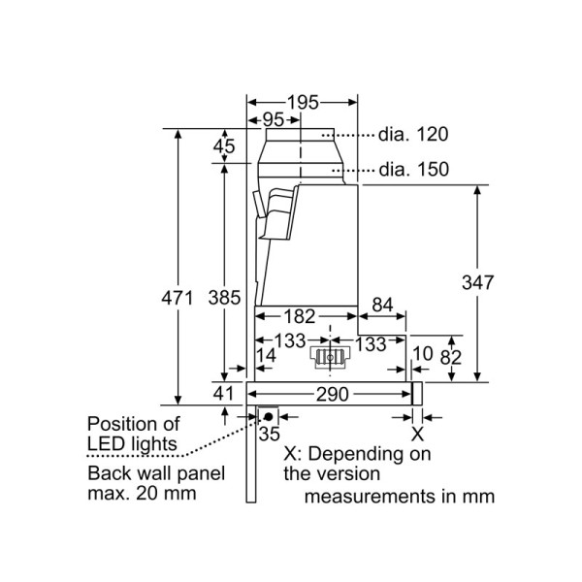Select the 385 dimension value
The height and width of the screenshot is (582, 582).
pos(224,298)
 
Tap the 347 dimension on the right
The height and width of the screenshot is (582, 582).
pos(478,283)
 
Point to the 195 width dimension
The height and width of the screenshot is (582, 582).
pos(304,102)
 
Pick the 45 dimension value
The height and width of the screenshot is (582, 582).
pos(224,146)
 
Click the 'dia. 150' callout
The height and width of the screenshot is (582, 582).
pos(413,170)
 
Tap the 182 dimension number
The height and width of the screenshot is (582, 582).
pos(299,315)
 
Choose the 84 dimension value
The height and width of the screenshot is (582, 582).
pos(382,306)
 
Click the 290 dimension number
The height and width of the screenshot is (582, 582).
pos(331,394)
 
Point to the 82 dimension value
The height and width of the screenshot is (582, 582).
pos(449,356)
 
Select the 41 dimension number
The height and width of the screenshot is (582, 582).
pos(223,394)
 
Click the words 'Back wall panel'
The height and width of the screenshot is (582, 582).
pos(155,473)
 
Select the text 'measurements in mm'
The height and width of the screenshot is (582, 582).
pos(400,497)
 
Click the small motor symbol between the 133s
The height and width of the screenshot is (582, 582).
pos(330,358)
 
